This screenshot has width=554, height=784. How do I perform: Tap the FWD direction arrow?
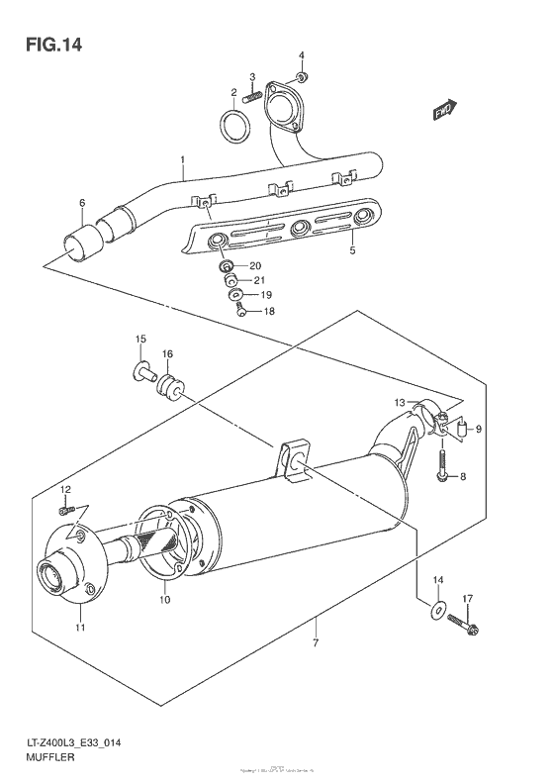coord(444,111)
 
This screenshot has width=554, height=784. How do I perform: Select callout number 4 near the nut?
coord(303,55)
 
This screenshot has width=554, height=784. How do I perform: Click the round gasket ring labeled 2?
coord(233,127)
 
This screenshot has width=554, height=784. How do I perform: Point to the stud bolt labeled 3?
coord(255,95)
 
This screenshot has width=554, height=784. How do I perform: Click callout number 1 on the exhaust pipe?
coord(182,159)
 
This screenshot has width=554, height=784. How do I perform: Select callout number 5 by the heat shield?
coord(350,252)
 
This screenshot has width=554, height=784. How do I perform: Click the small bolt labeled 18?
coord(240,312)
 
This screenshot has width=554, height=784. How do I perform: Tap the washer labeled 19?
coord(236,295)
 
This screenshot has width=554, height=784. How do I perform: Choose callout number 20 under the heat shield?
coord(254,265)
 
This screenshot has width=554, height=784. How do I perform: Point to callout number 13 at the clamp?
coord(400,403)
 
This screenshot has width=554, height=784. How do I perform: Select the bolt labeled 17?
coord(463,625)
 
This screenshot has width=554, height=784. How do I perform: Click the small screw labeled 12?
coord(65,510)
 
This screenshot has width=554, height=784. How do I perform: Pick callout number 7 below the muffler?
coord(316,646)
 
